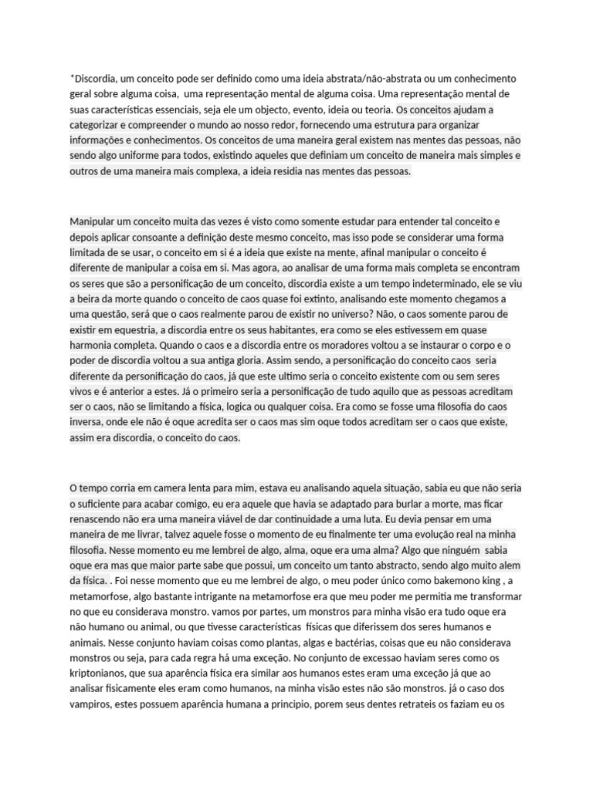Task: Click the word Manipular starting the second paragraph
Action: pos(95,221)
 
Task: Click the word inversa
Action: pos(86,422)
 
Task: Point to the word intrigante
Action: pos(208,596)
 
